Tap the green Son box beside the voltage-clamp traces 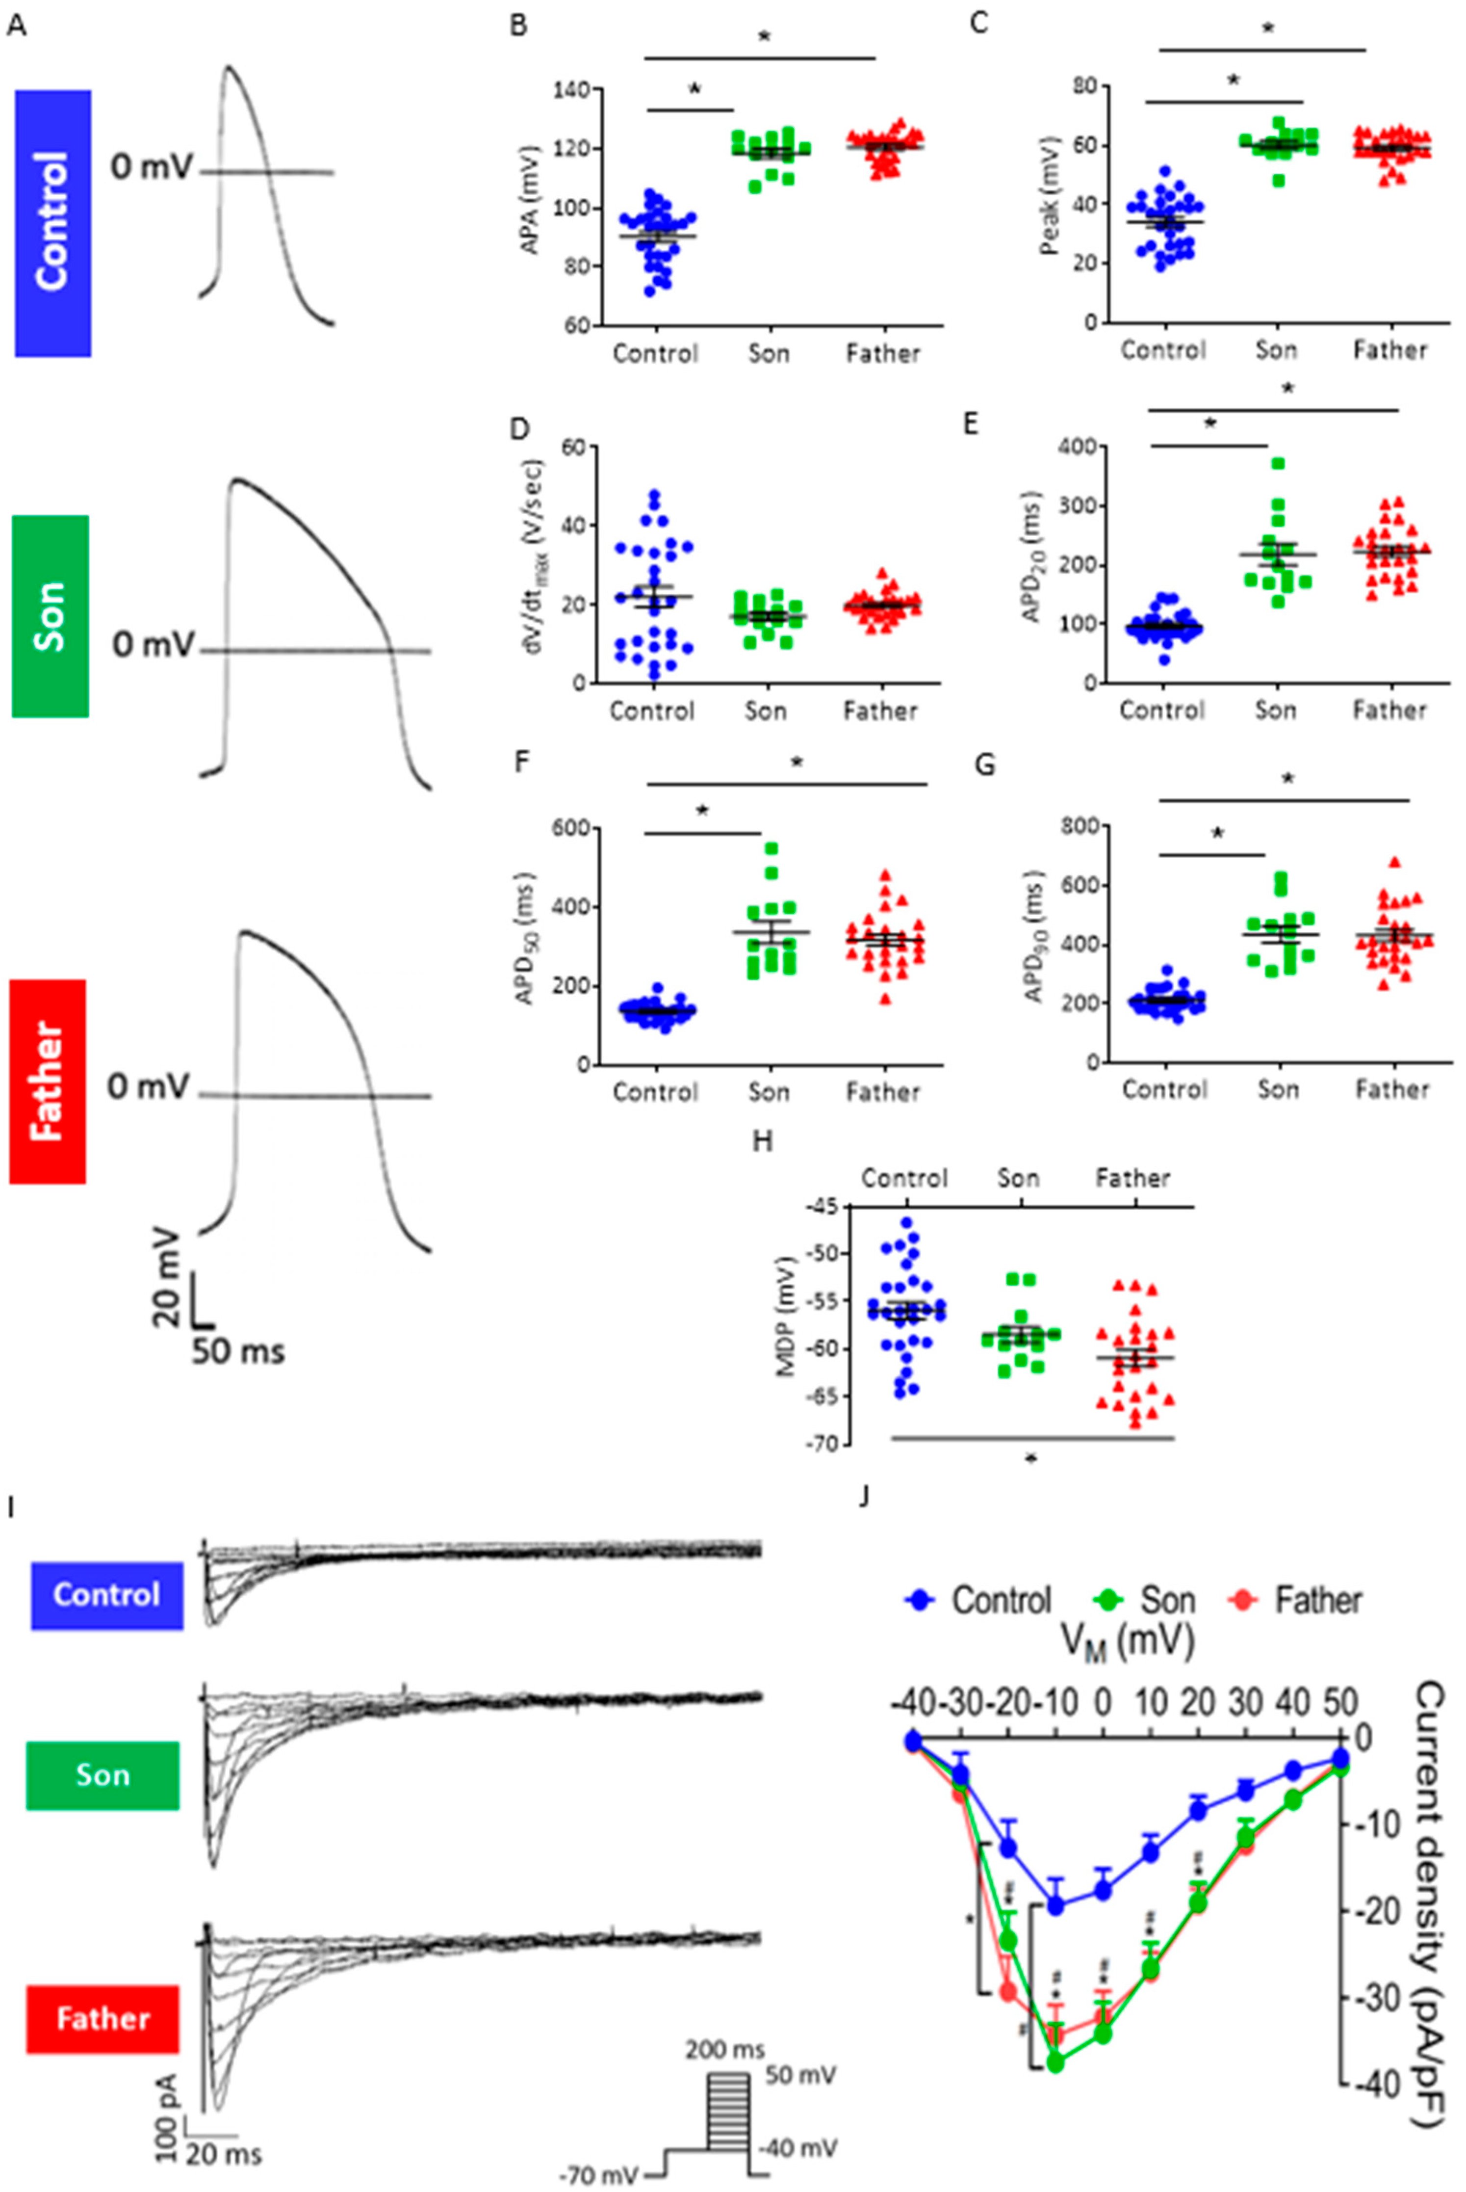(x=103, y=1775)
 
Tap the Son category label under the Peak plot (x=1276, y=350)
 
